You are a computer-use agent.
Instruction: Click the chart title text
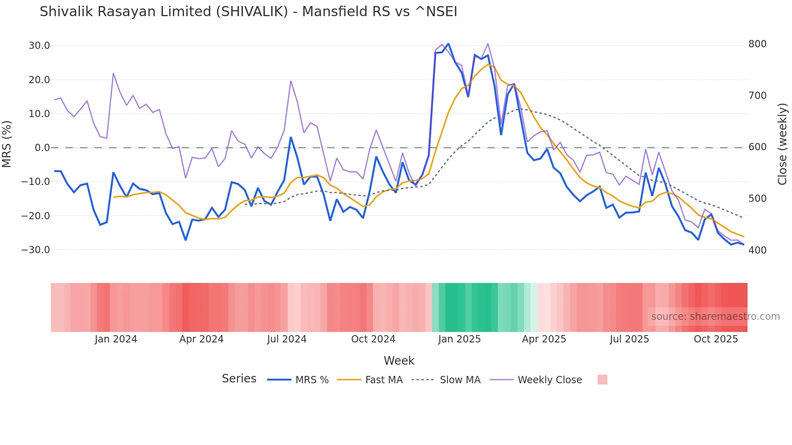[x=248, y=12]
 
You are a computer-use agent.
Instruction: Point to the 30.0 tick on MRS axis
[x=39, y=46]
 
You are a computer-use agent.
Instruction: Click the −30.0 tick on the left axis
[x=36, y=250]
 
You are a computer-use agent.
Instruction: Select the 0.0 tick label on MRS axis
[x=42, y=148]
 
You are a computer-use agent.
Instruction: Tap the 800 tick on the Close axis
[x=757, y=44]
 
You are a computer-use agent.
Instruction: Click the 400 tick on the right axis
[x=757, y=250]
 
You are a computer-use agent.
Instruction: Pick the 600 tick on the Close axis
[x=757, y=147]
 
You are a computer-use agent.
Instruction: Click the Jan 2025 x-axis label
[x=459, y=339]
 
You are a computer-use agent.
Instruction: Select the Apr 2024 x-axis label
[x=201, y=339]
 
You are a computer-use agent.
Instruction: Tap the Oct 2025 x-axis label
[x=716, y=339]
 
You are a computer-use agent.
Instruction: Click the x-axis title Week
[x=399, y=361]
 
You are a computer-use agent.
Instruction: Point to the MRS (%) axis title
[x=7, y=144]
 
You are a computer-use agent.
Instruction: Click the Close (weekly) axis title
[x=782, y=144]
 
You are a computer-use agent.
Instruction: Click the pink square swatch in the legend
[x=602, y=380]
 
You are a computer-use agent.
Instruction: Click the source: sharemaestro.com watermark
[x=715, y=317]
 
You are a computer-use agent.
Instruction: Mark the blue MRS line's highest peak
[x=449, y=44]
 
